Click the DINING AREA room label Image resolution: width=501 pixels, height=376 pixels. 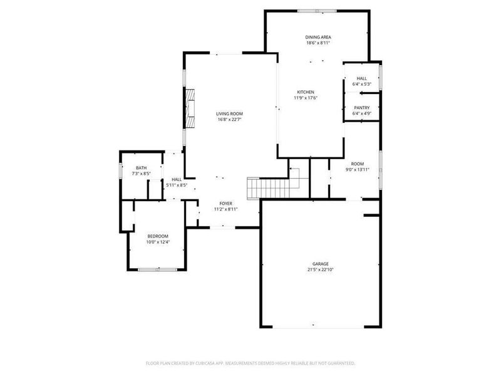point(318,37)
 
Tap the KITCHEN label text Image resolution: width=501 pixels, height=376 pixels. point(306,92)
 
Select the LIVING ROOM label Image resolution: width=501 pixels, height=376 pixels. point(229,113)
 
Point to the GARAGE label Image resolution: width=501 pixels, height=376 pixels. point(321,264)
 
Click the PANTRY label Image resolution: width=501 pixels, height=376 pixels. point(361,107)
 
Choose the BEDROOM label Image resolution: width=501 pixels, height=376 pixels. point(158,236)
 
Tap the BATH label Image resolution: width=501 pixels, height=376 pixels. point(142,167)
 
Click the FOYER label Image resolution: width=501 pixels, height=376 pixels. point(226,204)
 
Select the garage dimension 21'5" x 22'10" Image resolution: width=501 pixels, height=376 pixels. point(321,270)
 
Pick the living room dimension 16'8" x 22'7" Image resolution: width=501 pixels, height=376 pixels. point(229,119)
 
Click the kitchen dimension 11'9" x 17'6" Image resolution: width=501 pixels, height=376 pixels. point(306,98)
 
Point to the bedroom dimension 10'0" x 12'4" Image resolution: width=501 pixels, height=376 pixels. point(158,241)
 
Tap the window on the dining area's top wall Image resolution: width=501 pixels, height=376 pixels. point(316,11)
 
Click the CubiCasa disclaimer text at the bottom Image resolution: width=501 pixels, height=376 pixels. point(250,363)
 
